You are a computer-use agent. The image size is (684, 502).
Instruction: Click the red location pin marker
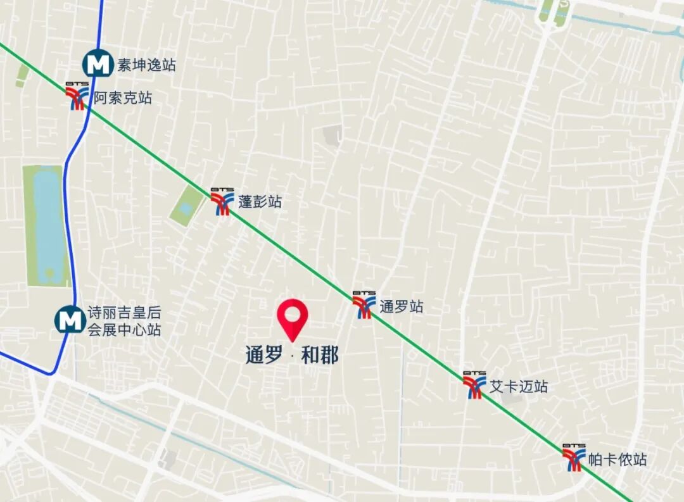click(x=293, y=318)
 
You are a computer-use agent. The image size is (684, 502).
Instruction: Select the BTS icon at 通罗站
click(x=364, y=305)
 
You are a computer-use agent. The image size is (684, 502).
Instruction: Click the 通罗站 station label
click(x=402, y=307)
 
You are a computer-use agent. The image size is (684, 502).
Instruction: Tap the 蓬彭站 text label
click(x=260, y=202)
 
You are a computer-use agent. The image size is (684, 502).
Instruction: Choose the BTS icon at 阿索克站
click(x=77, y=96)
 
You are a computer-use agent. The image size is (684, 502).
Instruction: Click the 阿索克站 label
click(x=123, y=98)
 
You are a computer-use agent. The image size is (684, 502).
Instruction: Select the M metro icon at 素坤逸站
click(x=98, y=64)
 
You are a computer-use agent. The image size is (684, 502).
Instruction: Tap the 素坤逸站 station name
click(x=146, y=65)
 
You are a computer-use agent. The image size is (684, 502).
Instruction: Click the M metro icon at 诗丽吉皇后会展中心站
click(x=69, y=320)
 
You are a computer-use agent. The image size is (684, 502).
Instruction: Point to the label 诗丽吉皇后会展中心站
click(x=124, y=321)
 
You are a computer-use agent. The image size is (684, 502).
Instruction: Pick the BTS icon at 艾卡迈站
click(x=474, y=385)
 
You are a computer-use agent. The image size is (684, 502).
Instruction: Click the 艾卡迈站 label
click(x=519, y=386)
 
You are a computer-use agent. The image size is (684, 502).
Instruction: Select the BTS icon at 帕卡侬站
click(x=574, y=458)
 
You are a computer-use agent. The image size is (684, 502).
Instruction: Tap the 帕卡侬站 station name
click(x=617, y=460)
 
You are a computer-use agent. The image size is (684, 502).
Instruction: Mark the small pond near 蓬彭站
click(x=186, y=206)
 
